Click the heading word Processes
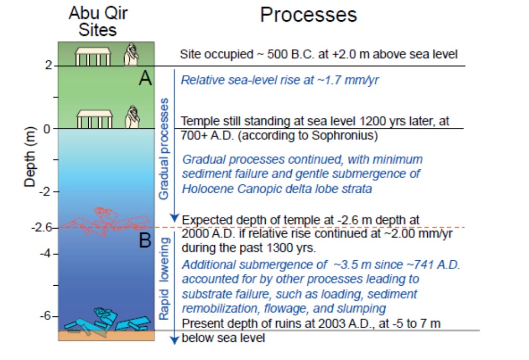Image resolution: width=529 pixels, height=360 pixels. pos(308,15)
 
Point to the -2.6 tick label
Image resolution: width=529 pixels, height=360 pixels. pos(42,227)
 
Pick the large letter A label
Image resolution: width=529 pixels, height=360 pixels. pos(145,78)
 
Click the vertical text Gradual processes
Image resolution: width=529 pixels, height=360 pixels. pos(164,149)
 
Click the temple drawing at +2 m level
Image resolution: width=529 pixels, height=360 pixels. pos(93,56)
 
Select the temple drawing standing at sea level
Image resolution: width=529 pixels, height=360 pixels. pos(94,118)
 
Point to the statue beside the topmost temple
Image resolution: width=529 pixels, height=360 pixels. pos(132,55)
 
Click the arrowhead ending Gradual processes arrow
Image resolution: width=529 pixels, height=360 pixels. pos(175,217)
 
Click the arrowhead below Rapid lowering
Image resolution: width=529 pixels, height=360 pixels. pos(175,340)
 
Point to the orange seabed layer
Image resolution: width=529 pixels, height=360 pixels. pos(106,336)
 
